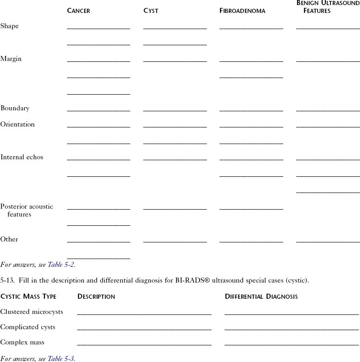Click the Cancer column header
tap(79, 11)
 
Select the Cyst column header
tap(151, 11)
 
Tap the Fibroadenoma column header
tap(242, 11)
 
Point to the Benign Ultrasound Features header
tap(328, 7)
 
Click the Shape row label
tap(10, 26)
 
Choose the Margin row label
tap(11, 59)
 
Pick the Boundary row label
tap(15, 109)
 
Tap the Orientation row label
tap(18, 125)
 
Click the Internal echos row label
tap(22, 157)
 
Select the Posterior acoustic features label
tap(26, 211)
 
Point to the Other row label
tap(9, 240)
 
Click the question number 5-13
tap(8, 280)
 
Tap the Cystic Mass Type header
tap(28, 296)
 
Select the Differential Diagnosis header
tap(261, 296)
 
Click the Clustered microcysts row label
tap(31, 312)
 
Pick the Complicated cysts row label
tap(28, 327)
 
